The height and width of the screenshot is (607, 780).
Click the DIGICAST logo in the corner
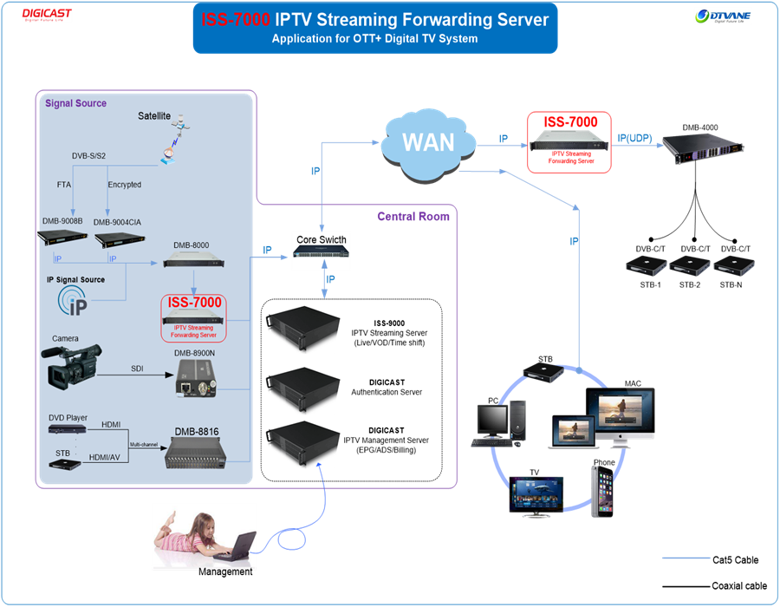coord(47,15)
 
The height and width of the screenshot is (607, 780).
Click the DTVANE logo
coord(723,16)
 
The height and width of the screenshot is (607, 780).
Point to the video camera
coord(75,365)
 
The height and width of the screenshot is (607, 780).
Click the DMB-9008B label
coord(62,222)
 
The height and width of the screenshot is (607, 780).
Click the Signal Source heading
coord(75,103)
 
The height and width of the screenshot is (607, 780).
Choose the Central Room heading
coord(413,217)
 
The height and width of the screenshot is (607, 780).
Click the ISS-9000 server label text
coord(389,323)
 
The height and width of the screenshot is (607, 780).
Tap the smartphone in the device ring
coord(602,491)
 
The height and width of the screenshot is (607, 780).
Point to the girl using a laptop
coord(204,536)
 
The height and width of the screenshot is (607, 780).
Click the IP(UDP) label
coord(634,137)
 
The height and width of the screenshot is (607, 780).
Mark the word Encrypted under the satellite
coord(125,185)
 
